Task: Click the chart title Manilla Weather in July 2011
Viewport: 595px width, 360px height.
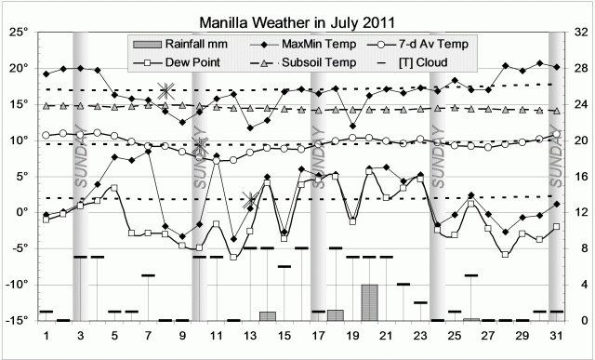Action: [297, 20]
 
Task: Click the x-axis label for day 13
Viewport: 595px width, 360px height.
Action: [250, 335]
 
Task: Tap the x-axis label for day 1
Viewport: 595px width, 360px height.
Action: [46, 335]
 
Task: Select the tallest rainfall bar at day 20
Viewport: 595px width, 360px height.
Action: [369, 302]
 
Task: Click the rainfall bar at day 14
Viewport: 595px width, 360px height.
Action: [267, 316]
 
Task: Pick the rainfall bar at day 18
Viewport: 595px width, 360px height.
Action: [336, 315]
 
